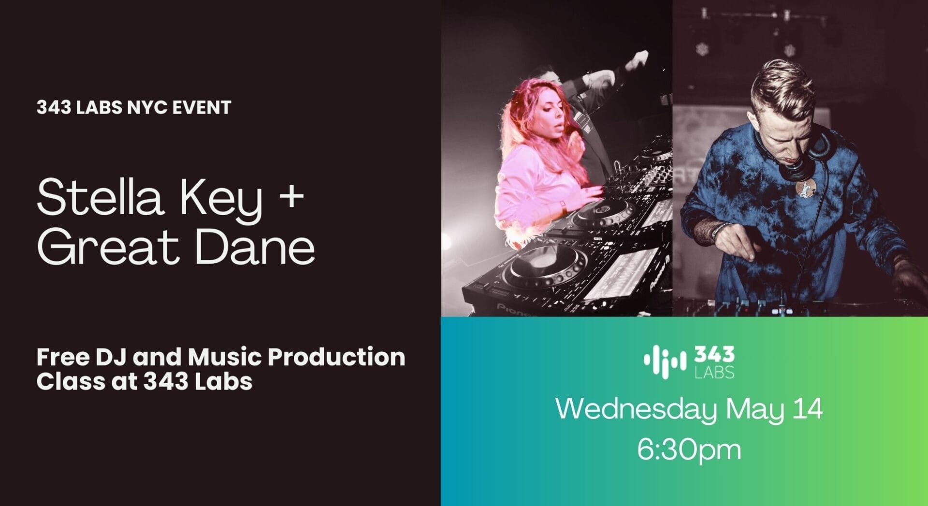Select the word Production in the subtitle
click(x=336, y=357)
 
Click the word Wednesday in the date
click(x=637, y=409)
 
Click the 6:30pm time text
click(x=689, y=449)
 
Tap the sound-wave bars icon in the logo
click(x=665, y=361)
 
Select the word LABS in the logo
click(x=714, y=372)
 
